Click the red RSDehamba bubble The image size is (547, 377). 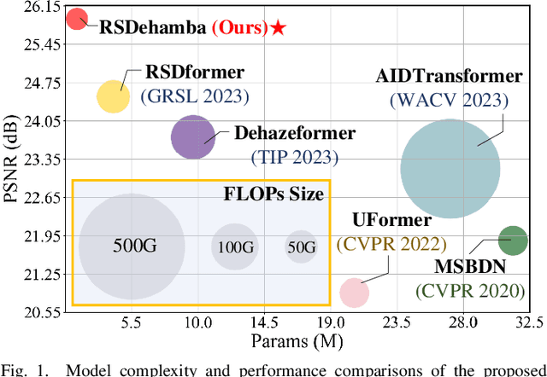[77, 19]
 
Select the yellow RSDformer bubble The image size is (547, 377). [112, 97]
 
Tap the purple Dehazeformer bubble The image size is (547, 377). [193, 137]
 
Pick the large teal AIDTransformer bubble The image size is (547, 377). [450, 169]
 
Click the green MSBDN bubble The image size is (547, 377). [512, 241]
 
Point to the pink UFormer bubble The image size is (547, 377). [354, 293]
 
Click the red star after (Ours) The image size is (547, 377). [279, 28]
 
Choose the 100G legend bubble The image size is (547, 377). [234, 247]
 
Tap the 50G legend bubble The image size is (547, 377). [300, 246]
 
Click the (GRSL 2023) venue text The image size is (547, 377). [195, 96]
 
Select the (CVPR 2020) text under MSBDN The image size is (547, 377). [470, 290]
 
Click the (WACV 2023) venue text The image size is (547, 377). [449, 100]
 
